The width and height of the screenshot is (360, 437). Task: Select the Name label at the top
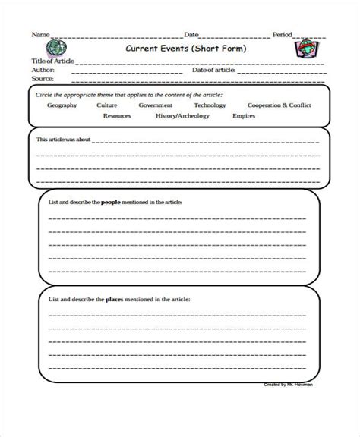pos(40,35)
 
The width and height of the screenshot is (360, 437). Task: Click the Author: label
pos(44,69)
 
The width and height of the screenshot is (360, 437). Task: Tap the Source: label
pos(43,77)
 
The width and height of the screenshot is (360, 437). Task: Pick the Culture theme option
pos(107,105)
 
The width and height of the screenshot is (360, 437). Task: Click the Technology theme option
pos(210,105)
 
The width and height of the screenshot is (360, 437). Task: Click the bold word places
pos(109,300)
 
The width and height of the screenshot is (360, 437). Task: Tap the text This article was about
pos(63,140)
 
